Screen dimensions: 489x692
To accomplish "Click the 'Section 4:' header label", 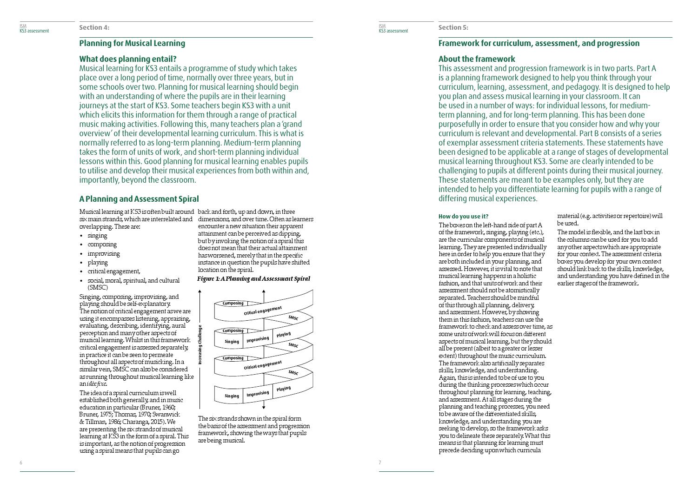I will tap(94, 27).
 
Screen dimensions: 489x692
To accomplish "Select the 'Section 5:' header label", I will tap(453, 27).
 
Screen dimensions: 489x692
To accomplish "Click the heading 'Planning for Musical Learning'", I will tap(132, 43).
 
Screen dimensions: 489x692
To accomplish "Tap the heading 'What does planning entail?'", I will tap(128, 59).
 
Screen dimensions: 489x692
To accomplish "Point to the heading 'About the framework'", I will tap(477, 59).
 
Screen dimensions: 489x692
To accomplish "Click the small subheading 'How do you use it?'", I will tap(463, 216).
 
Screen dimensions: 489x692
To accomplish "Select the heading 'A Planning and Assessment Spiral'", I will tap(139, 199).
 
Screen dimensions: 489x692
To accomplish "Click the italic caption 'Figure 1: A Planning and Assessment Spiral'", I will tap(253, 279).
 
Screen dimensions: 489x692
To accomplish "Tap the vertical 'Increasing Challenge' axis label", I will tap(200, 344).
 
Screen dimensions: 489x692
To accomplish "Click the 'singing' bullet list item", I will tap(97, 236).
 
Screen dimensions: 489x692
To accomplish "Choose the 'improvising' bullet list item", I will tap(104, 254).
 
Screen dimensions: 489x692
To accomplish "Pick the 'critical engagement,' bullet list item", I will tap(114, 271).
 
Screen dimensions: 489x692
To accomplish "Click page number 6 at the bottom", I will tap(21, 463).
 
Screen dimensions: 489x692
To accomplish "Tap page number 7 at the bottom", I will tap(380, 463).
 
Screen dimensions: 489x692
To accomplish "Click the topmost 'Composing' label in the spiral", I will tap(233, 304).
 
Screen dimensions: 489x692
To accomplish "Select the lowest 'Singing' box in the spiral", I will tap(232, 396).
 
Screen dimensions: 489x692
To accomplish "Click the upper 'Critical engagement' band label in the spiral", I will tap(263, 311).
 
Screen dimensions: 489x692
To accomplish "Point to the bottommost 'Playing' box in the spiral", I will tap(283, 389).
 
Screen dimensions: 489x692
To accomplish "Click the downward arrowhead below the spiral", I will tap(264, 407).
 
